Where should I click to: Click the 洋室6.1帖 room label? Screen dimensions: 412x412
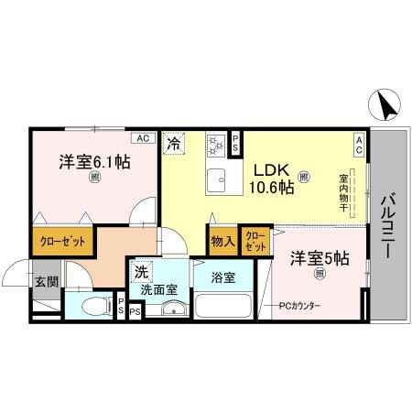(x=94, y=162)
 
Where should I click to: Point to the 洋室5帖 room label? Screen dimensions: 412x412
(x=320, y=259)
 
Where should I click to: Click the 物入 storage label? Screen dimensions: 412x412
(x=223, y=242)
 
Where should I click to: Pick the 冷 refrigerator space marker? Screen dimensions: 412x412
(x=173, y=142)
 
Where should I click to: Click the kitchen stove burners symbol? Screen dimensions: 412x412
(x=215, y=144)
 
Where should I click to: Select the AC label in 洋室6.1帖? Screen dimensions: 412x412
(x=142, y=138)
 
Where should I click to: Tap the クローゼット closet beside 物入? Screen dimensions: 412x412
(x=255, y=242)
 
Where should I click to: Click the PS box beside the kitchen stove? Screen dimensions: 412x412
(x=235, y=142)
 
